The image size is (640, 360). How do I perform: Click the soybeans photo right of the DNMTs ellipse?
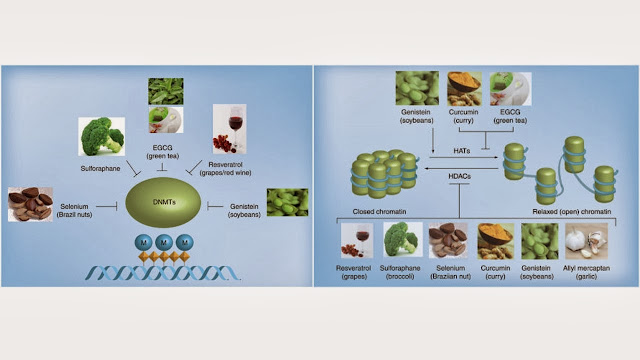[x=287, y=203]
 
